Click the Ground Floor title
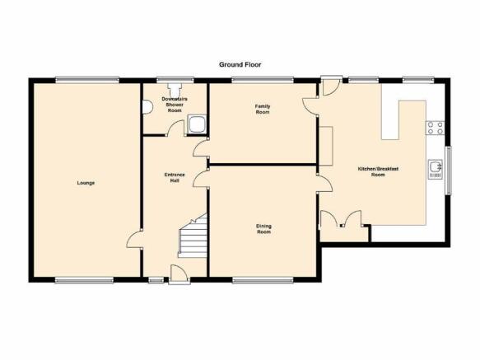240,64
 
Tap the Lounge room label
86,183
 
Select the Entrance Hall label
175,178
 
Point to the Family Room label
263,109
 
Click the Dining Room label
263,229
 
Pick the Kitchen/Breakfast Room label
378,171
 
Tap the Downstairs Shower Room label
175,105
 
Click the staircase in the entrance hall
193,236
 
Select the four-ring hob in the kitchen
435,128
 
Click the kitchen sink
435,169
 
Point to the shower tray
197,124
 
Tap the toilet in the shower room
175,90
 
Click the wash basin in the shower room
147,107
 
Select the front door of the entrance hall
179,273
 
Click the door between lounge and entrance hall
134,240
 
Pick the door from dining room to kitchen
324,183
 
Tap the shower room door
175,128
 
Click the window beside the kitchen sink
449,171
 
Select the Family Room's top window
263,80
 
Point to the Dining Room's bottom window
263,280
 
